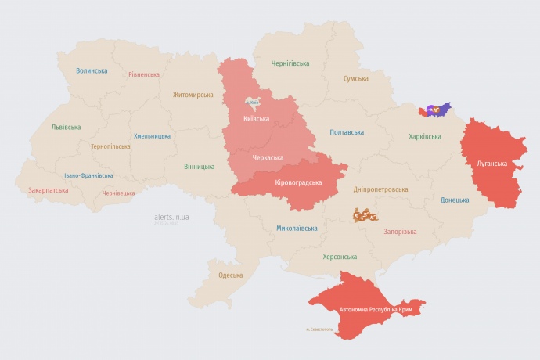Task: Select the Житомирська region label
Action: click(x=193, y=95)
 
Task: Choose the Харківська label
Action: click(x=425, y=136)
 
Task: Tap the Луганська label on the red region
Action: click(x=491, y=164)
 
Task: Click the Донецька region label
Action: click(x=455, y=200)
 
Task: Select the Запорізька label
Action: click(x=400, y=232)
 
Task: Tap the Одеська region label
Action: click(x=230, y=275)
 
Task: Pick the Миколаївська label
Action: click(x=297, y=229)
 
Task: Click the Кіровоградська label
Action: click(x=298, y=182)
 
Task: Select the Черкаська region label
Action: click(x=267, y=158)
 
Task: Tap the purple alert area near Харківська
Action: click(x=435, y=110)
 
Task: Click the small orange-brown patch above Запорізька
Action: click(x=365, y=214)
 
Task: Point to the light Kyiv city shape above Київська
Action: click(x=254, y=102)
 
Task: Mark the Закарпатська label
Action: click(x=48, y=190)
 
